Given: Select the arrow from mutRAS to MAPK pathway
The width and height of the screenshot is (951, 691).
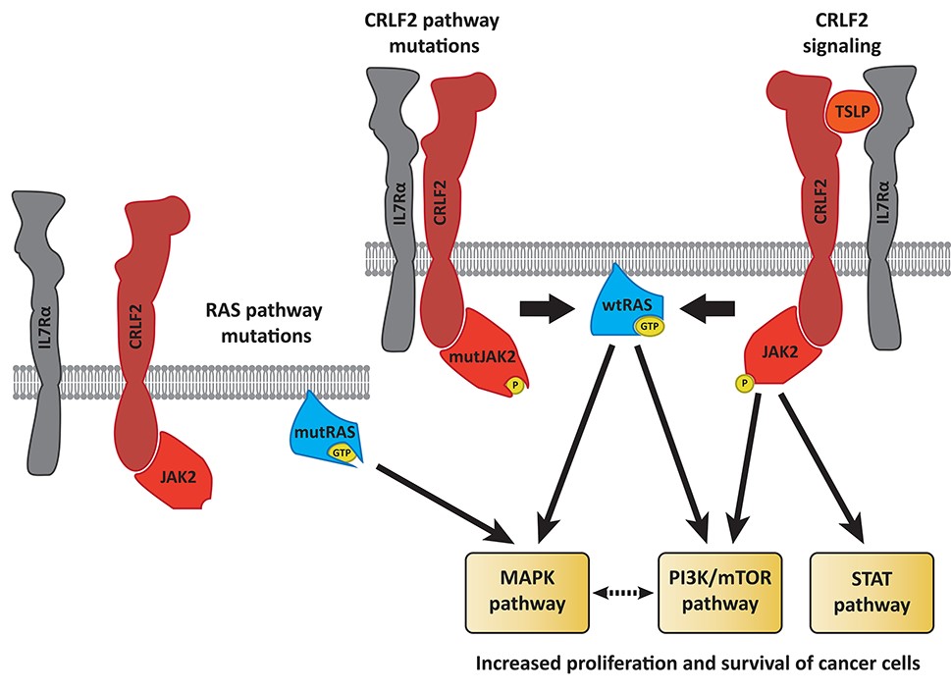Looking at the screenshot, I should (x=447, y=503).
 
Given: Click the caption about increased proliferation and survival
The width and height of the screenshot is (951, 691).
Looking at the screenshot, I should (x=697, y=663).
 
